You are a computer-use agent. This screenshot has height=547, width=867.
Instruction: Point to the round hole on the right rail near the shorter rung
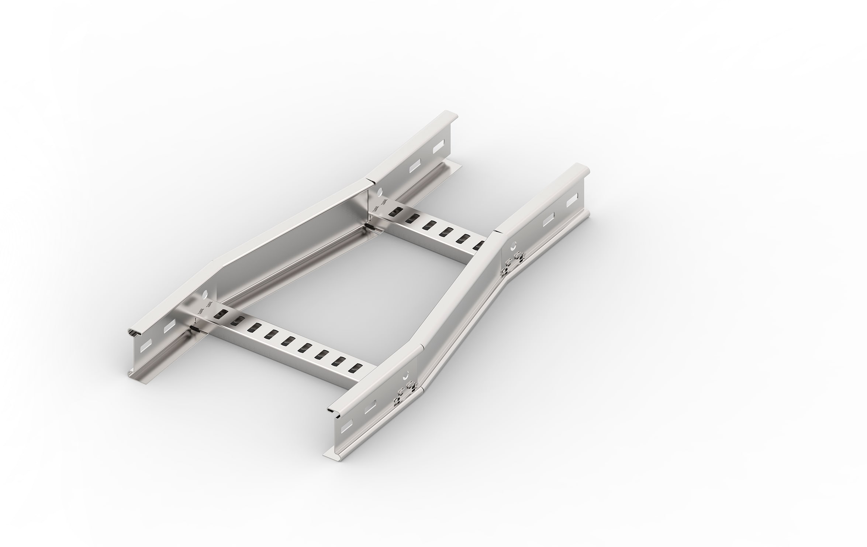pos(513,246)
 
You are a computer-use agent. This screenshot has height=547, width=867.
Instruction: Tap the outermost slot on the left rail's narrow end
pos(438,147)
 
